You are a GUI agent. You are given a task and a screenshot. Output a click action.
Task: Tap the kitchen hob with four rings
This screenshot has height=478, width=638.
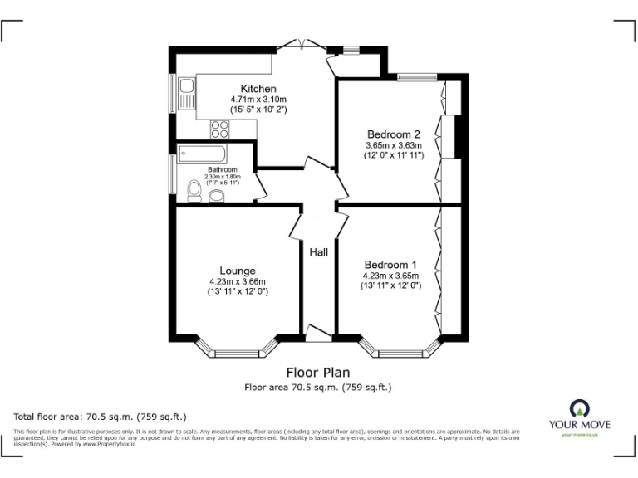[x=220, y=129]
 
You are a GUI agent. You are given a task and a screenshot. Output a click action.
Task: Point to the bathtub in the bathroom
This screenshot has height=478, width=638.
[x=202, y=154]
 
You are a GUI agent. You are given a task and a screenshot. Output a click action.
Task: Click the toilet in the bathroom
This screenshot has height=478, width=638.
[x=194, y=192]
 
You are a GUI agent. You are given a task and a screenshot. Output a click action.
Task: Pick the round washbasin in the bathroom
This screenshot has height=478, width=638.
[x=216, y=196]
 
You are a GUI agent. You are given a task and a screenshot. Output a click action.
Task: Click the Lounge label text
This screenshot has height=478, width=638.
[x=238, y=271]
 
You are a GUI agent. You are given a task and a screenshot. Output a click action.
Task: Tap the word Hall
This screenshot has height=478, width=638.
[x=318, y=252]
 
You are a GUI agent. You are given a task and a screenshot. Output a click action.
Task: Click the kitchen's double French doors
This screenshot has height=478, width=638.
[x=297, y=44]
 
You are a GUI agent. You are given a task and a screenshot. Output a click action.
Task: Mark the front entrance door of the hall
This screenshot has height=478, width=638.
[x=318, y=334]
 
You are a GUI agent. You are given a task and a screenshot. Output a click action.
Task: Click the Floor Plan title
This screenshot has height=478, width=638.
[x=318, y=372]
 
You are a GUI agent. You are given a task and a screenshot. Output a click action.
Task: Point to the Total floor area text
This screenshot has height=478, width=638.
[x=101, y=416]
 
